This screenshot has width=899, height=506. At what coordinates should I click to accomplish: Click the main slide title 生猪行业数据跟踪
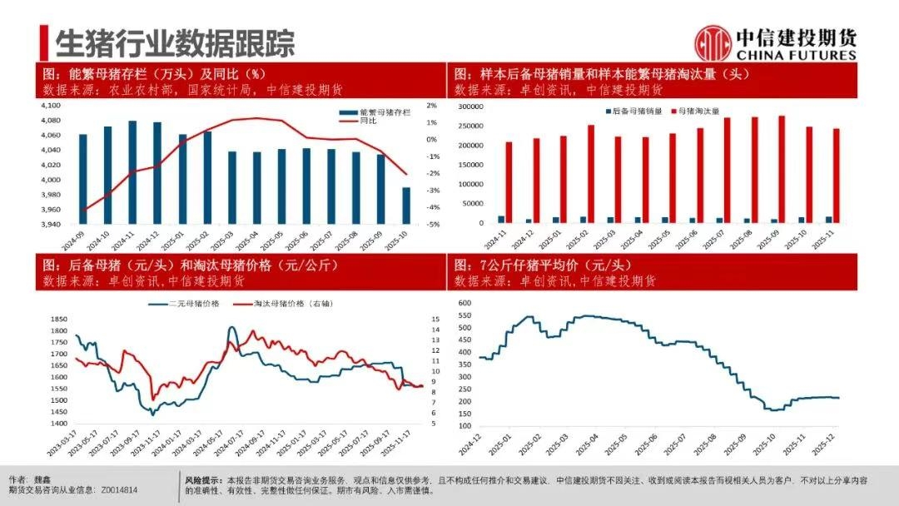coord(175,42)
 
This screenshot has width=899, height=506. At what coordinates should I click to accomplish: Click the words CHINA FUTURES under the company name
coord(796,55)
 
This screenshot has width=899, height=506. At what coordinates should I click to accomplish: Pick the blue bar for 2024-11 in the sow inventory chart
coord(132,172)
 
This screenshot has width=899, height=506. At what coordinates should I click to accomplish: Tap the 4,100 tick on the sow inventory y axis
coord(51,106)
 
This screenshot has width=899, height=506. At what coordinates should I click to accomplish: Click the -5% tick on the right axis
coord(432,225)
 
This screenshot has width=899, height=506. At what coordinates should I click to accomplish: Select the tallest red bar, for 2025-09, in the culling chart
coord(782,169)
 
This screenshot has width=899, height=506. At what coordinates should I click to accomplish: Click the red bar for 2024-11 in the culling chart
coord(509,182)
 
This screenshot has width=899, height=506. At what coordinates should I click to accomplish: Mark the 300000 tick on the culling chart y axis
coord(470,107)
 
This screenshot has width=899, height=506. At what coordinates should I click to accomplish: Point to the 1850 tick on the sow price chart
coord(58,320)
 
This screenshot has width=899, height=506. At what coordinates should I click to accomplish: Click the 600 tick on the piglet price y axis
coord(464,304)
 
